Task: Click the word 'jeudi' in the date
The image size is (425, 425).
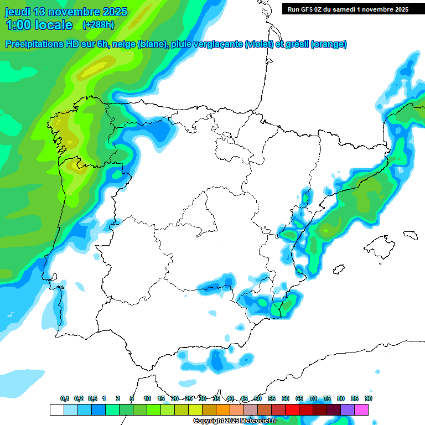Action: (18, 12)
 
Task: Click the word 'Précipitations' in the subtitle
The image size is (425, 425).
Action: (38, 44)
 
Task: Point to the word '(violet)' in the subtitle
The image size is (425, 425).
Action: (258, 44)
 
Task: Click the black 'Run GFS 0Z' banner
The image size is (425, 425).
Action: (348, 9)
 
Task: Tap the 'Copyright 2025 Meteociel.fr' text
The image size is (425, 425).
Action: (234, 421)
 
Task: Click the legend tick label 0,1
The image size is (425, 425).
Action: (65, 398)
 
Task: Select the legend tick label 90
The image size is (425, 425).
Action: (368, 398)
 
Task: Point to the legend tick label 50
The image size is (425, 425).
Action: (258, 398)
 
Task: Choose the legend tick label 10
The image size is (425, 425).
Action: (147, 398)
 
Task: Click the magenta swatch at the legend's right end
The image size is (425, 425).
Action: (361, 410)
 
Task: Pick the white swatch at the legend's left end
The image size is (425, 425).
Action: (56, 410)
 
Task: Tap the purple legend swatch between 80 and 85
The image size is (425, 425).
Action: (348, 410)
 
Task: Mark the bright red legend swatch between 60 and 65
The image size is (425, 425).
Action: (292, 410)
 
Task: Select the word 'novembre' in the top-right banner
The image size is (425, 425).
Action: (372, 9)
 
